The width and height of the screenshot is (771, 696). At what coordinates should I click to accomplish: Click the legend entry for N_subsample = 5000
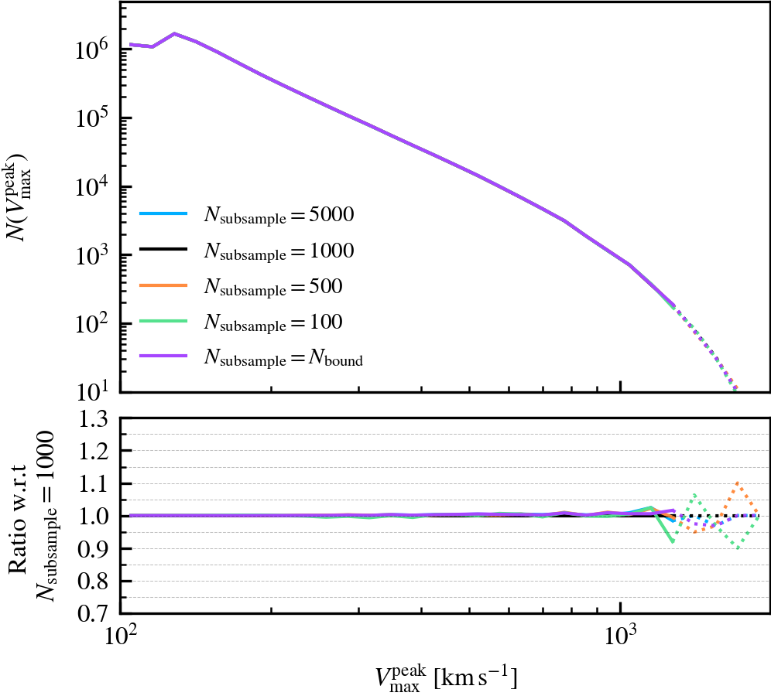coord(279,216)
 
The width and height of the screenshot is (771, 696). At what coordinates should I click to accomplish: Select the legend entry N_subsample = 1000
coord(279,251)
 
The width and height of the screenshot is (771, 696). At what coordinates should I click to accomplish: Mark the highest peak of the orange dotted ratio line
coord(738,483)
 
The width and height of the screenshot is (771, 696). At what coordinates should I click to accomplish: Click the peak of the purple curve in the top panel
coord(175,33)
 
